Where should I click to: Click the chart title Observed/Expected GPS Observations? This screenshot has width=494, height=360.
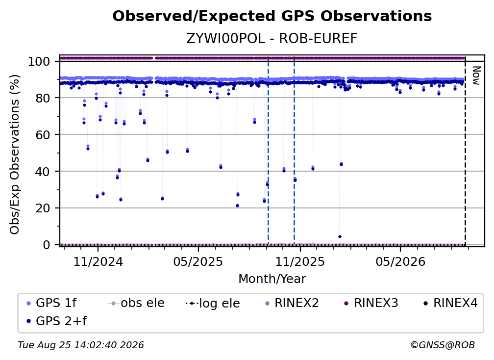(272, 16)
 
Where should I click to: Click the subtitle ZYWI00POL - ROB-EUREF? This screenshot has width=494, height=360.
(272, 39)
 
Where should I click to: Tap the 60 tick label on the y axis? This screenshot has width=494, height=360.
(43, 135)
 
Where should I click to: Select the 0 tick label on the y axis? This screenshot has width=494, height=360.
(47, 245)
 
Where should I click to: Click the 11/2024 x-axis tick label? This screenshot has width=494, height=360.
(98, 261)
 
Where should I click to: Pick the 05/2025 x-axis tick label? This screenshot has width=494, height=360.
(198, 261)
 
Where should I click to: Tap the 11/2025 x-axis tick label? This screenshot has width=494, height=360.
(300, 261)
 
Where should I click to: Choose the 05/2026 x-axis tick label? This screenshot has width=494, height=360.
(400, 261)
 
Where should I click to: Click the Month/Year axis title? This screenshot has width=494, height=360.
(272, 279)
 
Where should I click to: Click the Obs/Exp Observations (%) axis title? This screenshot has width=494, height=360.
(15, 154)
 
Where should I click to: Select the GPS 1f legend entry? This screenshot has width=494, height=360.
(51, 303)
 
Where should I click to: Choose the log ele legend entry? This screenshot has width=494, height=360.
(213, 303)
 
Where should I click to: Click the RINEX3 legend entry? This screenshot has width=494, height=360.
(371, 303)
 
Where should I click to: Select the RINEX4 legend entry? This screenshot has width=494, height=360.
(450, 303)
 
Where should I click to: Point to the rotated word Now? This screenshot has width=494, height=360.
(476, 76)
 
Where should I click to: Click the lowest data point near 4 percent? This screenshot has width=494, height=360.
(340, 237)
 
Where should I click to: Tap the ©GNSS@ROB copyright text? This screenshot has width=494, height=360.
(443, 345)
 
